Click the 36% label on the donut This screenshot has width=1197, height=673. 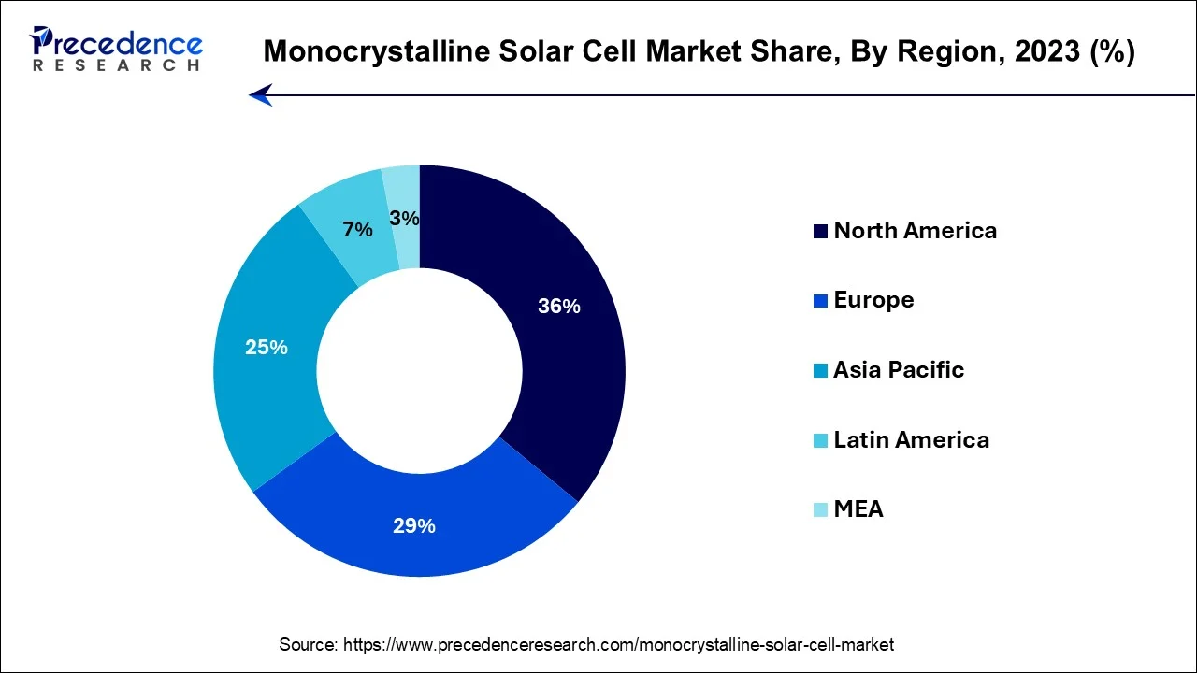click(559, 306)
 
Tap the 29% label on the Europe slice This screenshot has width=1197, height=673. click(414, 525)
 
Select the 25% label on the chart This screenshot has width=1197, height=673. click(267, 347)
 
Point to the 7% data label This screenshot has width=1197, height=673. click(357, 229)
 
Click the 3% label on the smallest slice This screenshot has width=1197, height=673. click(404, 219)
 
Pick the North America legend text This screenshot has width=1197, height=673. click(915, 231)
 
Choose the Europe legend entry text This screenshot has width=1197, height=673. click(873, 300)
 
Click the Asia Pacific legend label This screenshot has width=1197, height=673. click(898, 370)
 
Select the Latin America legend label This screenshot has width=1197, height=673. click(911, 439)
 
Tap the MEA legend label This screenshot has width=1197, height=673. click(858, 509)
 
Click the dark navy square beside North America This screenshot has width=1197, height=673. click(820, 232)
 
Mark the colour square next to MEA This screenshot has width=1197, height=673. click(820, 510)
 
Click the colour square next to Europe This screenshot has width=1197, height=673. click(820, 301)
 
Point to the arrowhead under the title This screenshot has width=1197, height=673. click(260, 94)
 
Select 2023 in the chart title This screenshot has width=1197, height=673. click(1055, 51)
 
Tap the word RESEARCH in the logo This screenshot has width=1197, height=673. click(116, 65)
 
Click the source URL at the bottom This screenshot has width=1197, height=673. click(618, 644)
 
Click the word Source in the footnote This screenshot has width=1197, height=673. click(308, 644)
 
